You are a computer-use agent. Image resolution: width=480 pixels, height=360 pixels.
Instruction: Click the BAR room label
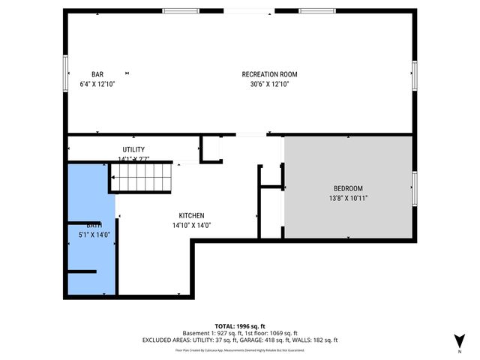pos(97,74)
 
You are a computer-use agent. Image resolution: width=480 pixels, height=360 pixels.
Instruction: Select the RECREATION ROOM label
pos(269,74)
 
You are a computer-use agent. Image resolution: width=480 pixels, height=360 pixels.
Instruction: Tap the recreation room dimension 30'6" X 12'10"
pos(269,85)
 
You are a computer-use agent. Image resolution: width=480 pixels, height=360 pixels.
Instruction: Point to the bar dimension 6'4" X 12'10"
pos(97,85)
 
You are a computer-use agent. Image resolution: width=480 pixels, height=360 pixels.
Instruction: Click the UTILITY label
pos(133,149)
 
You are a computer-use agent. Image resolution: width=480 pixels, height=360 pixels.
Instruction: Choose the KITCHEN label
pos(191,215)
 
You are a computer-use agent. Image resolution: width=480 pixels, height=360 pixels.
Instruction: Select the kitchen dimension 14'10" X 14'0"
pos(191,225)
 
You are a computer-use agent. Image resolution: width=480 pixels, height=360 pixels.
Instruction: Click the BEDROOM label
pos(348,188)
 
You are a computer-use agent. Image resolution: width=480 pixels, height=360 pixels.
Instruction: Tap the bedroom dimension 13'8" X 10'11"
pos(348,198)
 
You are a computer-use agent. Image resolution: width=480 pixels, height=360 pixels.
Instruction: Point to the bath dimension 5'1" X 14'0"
pos(94,235)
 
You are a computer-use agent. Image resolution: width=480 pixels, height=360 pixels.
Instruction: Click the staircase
pos(142,178)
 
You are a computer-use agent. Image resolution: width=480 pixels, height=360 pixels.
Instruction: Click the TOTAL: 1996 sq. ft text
pos(240,325)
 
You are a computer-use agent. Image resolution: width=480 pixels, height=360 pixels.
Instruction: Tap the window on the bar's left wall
pos(65,73)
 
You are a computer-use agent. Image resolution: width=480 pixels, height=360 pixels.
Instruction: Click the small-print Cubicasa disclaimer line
pos(240,349)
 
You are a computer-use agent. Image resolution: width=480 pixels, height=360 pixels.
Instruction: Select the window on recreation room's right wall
pos(413,76)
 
